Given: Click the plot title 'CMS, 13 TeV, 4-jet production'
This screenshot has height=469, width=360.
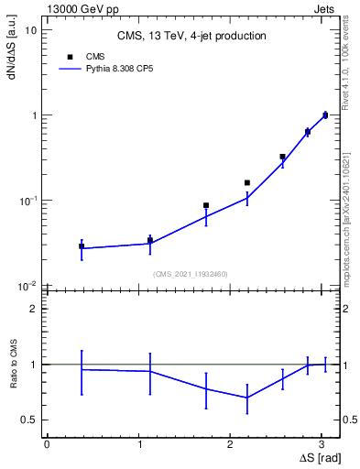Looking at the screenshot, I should [x=191, y=37].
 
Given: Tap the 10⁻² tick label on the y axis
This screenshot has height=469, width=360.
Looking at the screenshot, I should [x=27, y=286].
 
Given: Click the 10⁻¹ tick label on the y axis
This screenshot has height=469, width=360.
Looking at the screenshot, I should [x=27, y=201].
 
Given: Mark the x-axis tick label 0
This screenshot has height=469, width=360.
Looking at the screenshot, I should [x=47, y=444].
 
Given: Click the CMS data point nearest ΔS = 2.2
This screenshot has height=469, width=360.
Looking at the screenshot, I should [x=247, y=183].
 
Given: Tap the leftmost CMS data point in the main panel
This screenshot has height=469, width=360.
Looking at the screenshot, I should [x=82, y=246].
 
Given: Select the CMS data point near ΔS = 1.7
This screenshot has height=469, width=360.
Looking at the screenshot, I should [x=206, y=206].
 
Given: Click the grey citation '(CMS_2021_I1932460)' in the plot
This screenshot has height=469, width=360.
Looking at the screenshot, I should [x=191, y=274].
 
